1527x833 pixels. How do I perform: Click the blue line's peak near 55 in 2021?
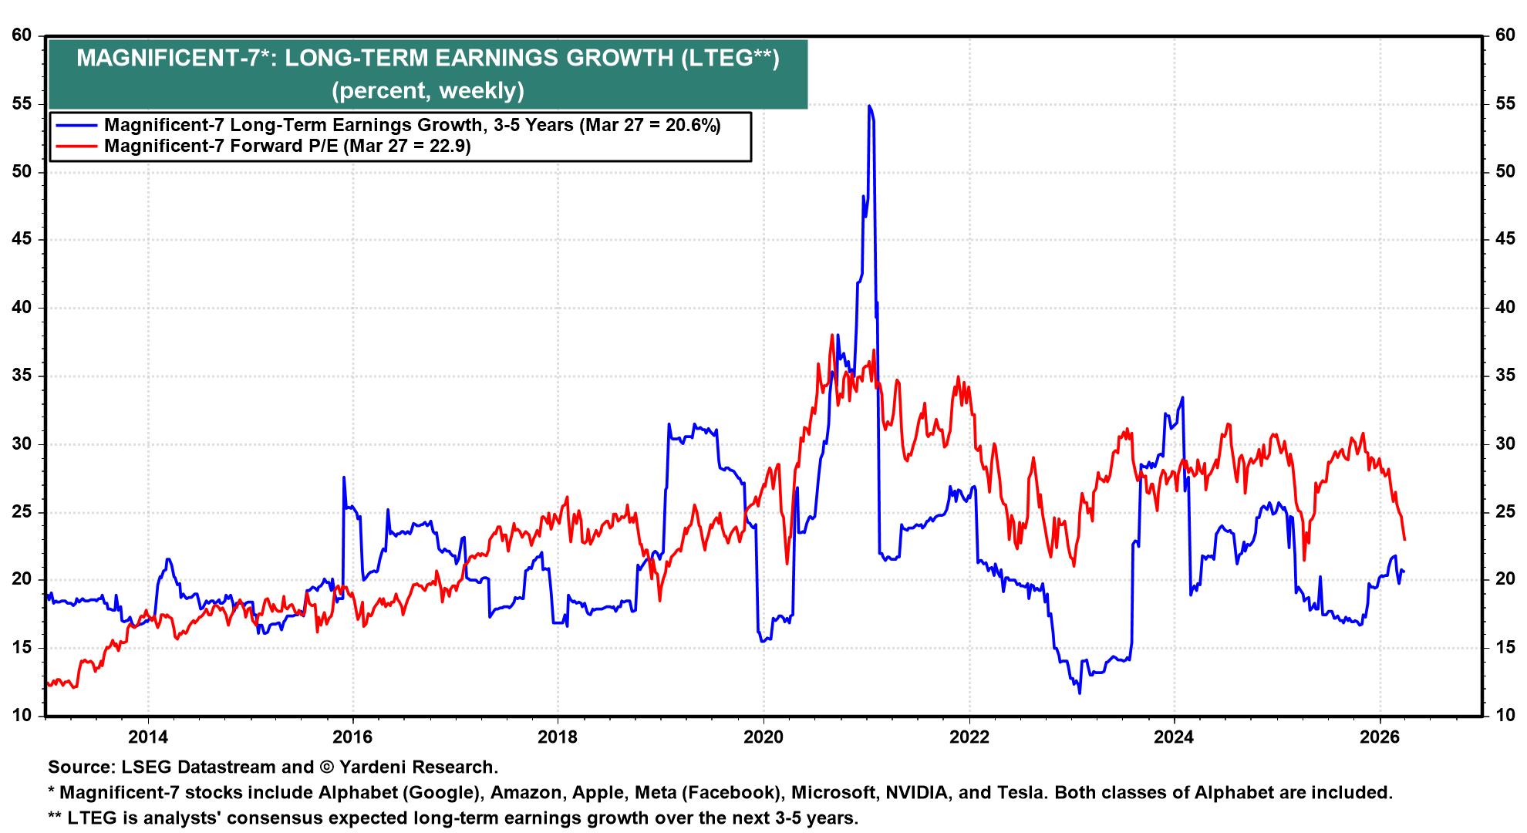pos(869,106)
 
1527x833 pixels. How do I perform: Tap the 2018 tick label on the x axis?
pos(558,737)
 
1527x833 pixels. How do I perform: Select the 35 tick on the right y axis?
pos(1505,376)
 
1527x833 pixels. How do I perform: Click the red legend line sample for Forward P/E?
pos(75,147)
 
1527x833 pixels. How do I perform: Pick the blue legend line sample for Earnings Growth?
pos(75,126)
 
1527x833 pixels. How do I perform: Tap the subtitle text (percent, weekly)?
pos(427,91)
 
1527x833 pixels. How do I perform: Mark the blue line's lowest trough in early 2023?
pos(1080,693)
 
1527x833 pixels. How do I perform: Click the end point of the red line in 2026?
pos(1404,539)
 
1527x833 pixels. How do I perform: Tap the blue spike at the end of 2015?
pos(343,477)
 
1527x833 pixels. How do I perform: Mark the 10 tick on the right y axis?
pos(1505,716)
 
